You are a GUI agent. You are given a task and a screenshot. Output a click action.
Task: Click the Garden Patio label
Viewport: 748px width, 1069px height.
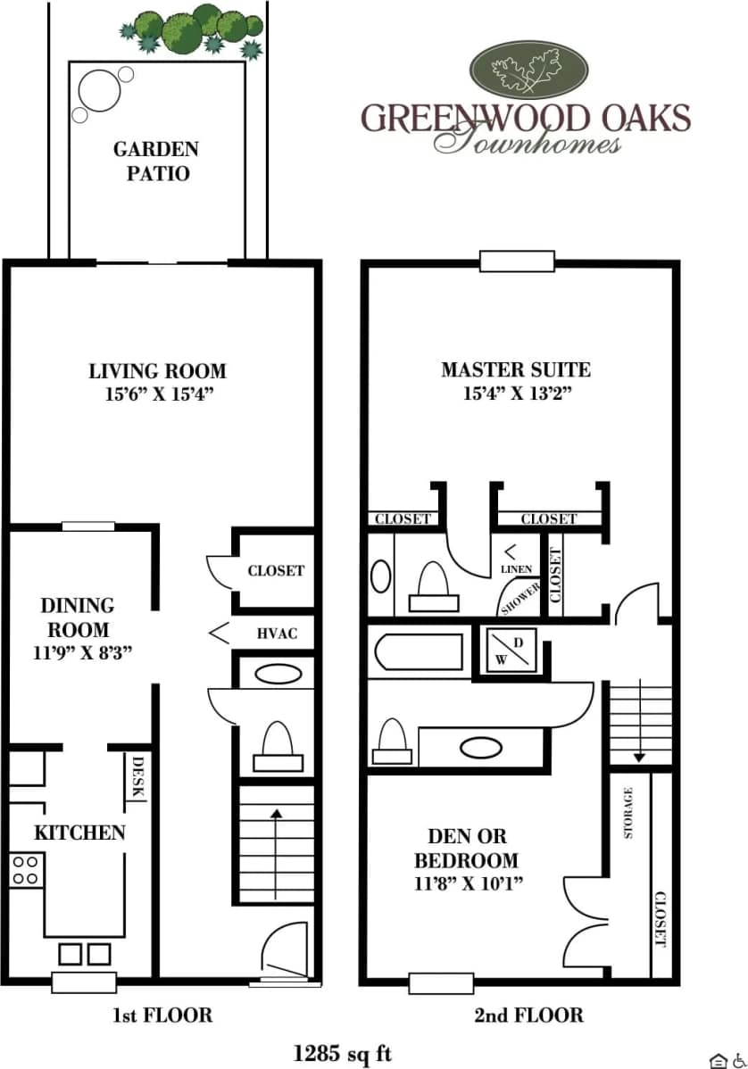[156, 161]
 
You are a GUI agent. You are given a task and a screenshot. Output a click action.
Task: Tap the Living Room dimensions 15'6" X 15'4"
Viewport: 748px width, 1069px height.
[157, 394]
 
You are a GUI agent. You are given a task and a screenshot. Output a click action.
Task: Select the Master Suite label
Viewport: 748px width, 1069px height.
[515, 369]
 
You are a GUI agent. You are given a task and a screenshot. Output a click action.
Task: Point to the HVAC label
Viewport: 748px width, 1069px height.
[277, 634]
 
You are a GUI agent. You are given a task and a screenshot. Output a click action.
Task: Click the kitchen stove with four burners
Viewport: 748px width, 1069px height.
[26, 869]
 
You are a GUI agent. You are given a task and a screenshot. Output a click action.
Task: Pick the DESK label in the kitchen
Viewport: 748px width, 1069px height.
[138, 776]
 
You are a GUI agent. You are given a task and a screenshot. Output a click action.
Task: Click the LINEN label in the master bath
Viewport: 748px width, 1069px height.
[517, 568]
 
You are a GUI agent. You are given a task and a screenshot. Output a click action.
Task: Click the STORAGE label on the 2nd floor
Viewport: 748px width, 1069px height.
[628, 812]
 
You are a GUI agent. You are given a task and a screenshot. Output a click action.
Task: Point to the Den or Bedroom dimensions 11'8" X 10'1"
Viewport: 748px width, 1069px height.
[467, 884]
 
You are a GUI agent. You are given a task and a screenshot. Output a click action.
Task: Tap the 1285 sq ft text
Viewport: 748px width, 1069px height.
[343, 1054]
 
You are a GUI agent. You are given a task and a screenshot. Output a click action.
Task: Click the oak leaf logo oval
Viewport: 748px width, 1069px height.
[528, 71]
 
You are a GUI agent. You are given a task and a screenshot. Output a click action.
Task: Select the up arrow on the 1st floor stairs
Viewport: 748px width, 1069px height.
[277, 814]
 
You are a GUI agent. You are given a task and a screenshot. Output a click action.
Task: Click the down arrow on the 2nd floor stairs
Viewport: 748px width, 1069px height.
[639, 757]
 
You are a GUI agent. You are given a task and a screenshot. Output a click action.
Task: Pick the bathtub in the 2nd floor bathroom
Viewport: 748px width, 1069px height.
[420, 651]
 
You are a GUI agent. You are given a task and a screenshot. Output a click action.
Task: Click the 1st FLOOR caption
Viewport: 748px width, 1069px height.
[162, 1015]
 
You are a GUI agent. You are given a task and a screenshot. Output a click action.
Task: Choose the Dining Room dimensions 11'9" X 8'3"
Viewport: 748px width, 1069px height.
[81, 651]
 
